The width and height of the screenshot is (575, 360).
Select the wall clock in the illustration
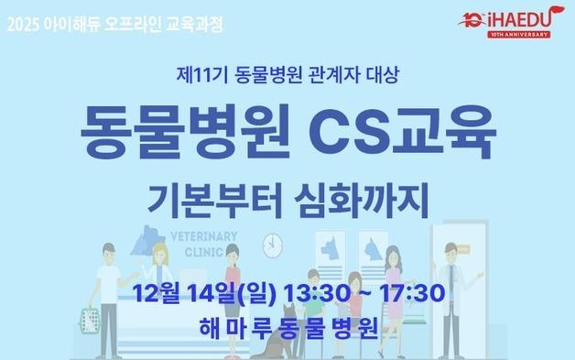coord(272,245)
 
